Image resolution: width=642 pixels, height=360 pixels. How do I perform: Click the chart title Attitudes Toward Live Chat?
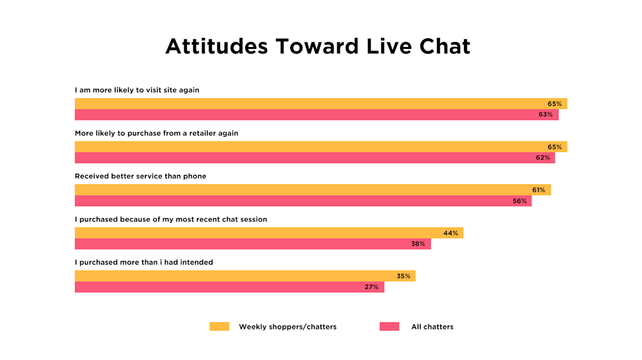[x=317, y=46]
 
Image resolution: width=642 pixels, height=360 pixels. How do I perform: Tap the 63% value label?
[x=545, y=115]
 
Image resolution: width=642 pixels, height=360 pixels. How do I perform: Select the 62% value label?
[x=543, y=158]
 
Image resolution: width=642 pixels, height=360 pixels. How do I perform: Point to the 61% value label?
[x=539, y=190]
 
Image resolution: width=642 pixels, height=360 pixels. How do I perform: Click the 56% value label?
[x=520, y=201]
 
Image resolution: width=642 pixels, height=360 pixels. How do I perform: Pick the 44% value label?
[x=451, y=233]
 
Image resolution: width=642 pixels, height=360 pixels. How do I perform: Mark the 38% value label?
[x=418, y=244]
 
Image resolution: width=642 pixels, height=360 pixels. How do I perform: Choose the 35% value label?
[x=403, y=276]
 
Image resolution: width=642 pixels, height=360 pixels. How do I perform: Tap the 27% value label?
[x=371, y=287]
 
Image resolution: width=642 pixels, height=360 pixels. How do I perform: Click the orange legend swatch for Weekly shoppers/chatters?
[x=219, y=327]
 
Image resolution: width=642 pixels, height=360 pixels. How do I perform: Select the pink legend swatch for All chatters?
[x=389, y=327]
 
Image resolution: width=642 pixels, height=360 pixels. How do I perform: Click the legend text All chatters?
[x=432, y=327]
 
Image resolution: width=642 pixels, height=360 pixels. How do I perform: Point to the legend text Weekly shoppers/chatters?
[x=287, y=327]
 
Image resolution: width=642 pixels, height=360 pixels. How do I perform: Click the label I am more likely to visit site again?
[x=137, y=90]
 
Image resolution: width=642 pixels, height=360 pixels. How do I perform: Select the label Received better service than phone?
[x=140, y=176]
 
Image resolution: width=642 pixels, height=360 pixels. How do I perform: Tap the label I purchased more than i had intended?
[x=144, y=262]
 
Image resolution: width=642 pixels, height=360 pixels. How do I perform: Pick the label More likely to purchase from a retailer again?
[x=156, y=134]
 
